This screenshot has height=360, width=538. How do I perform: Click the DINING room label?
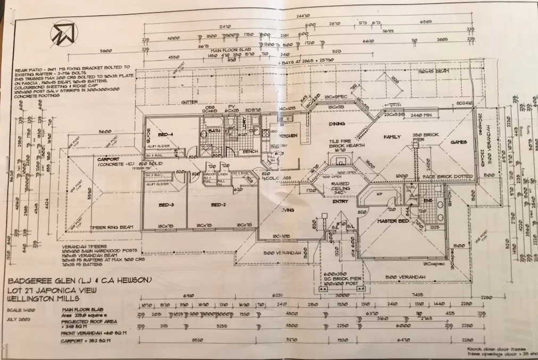pyautogui.click(x=336, y=124)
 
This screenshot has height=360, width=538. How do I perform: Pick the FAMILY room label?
pyautogui.click(x=391, y=137)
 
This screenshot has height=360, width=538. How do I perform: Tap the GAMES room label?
pyautogui.click(x=458, y=142)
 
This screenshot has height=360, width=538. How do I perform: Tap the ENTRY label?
pyautogui.click(x=340, y=201)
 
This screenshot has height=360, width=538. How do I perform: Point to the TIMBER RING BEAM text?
pyautogui.click(x=111, y=227)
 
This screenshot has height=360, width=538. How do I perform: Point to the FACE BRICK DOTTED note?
pyautogui.click(x=440, y=176)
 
